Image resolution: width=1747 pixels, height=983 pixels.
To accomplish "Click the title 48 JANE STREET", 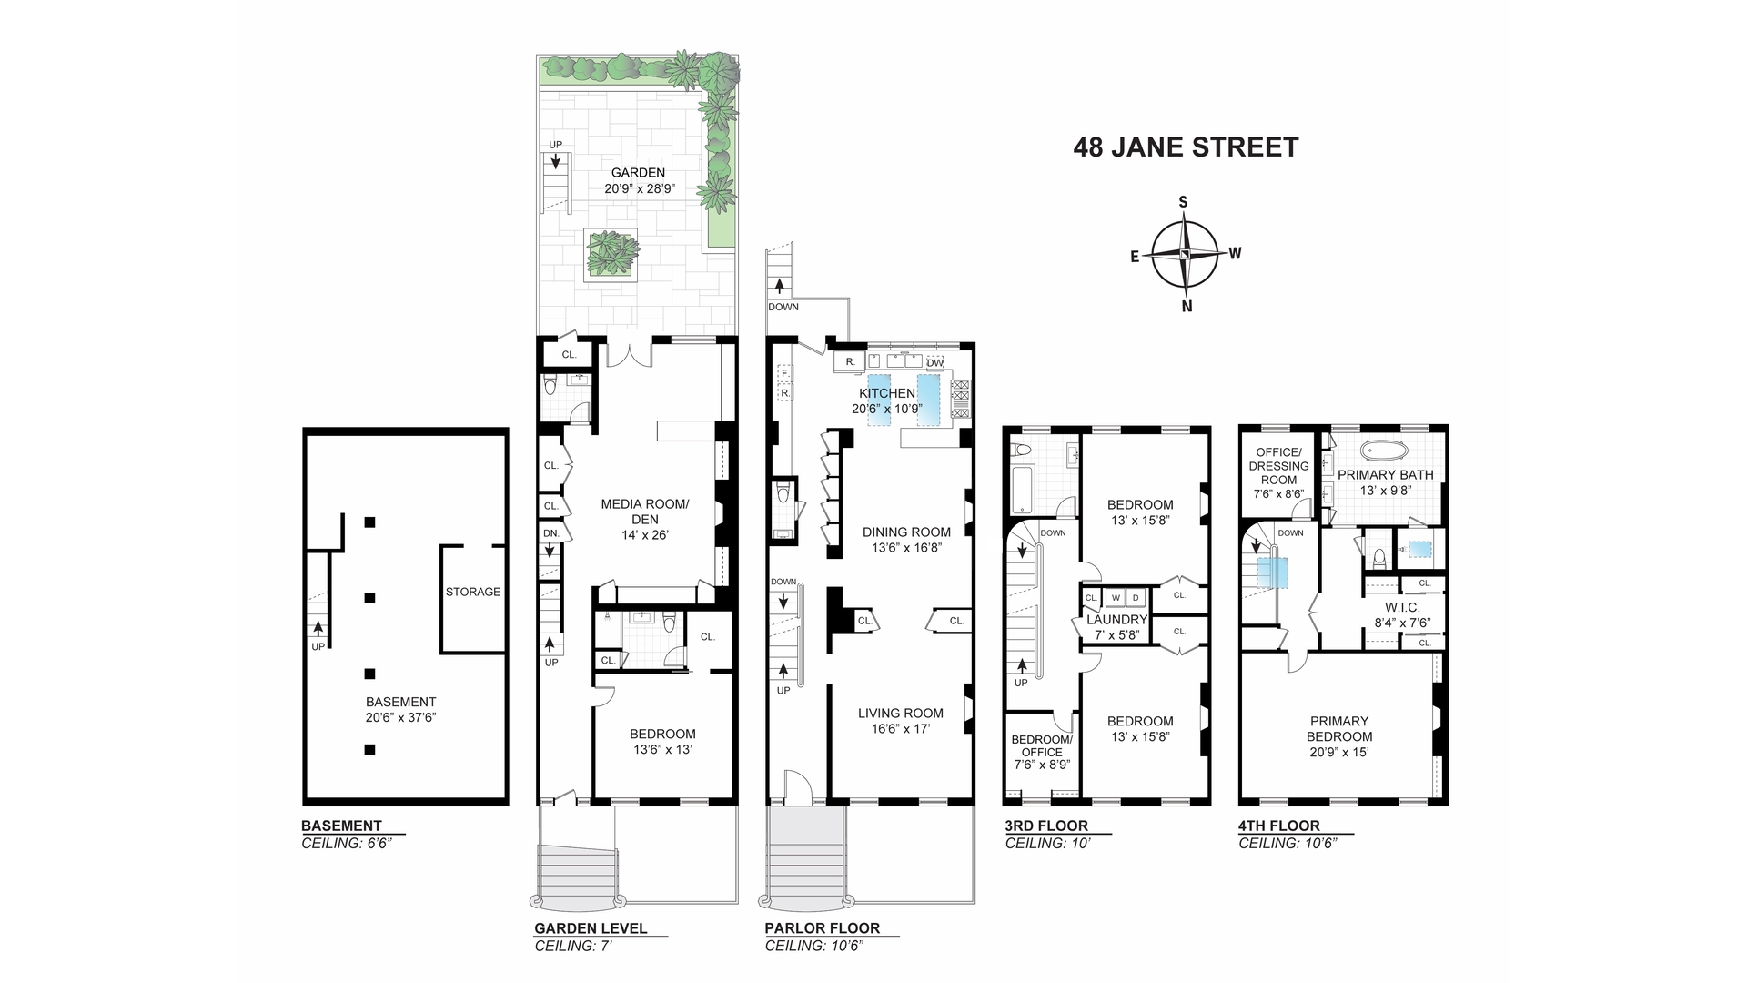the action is pyautogui.click(x=1186, y=147).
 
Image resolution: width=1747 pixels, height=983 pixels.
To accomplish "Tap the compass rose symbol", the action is pyautogui.click(x=1185, y=254).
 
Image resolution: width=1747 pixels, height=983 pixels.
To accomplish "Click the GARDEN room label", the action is pyautogui.click(x=638, y=173).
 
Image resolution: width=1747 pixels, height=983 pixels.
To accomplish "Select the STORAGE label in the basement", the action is pyautogui.click(x=473, y=592).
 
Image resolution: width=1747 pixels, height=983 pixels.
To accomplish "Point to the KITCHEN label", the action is pyautogui.click(x=887, y=393).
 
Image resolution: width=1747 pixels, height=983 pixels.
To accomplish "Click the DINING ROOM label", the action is pyautogui.click(x=906, y=532).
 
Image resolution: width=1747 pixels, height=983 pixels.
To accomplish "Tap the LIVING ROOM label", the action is pyautogui.click(x=901, y=714).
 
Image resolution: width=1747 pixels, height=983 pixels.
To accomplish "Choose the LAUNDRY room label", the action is pyautogui.click(x=1117, y=620).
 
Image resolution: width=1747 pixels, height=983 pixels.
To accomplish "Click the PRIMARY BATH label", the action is pyautogui.click(x=1385, y=474).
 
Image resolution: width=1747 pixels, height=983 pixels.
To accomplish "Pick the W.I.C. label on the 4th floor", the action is pyautogui.click(x=1401, y=608).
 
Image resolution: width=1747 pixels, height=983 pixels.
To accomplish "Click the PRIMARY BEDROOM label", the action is pyautogui.click(x=1339, y=729).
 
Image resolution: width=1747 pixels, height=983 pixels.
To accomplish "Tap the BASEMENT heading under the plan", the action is pyautogui.click(x=341, y=826).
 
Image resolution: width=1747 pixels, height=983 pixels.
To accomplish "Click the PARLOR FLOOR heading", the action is pyautogui.click(x=823, y=928).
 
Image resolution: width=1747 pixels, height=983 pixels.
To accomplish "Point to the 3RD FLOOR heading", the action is pyautogui.click(x=1046, y=826).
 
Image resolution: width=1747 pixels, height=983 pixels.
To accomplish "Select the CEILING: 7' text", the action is pyautogui.click(x=572, y=946).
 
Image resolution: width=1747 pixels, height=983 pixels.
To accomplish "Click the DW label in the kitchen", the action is pyautogui.click(x=934, y=363).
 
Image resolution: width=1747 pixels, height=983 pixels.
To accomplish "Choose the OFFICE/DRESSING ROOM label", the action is pyautogui.click(x=1278, y=466).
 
